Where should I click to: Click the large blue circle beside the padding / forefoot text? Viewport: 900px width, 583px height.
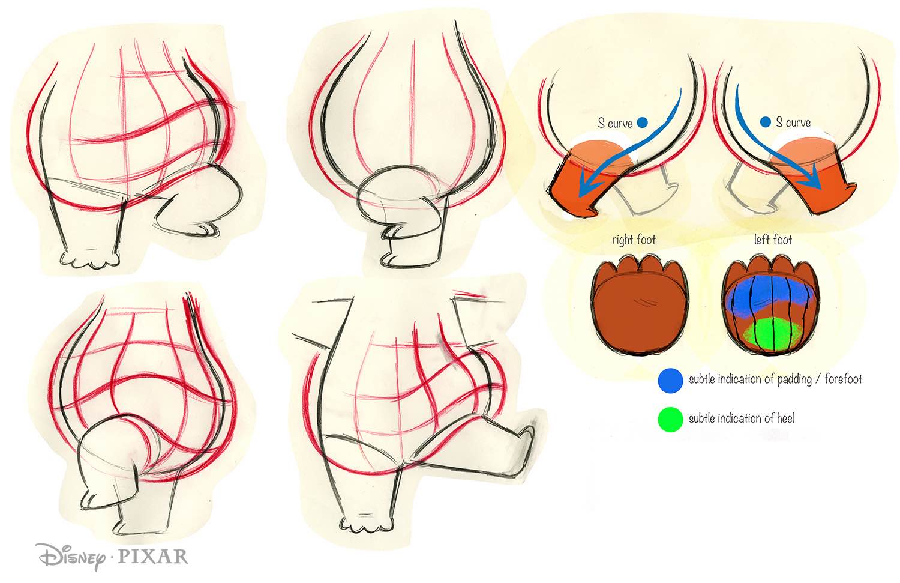[x=670, y=380]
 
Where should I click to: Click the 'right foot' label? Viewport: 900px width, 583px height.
[x=634, y=240]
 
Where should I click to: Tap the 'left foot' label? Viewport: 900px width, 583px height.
[x=773, y=240]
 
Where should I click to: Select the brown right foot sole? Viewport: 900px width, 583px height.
[x=639, y=312]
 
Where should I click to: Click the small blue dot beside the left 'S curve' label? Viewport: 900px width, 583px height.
[x=642, y=122]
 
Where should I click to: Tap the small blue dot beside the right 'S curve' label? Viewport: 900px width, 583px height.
[x=765, y=122]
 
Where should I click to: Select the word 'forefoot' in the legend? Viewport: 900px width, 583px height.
[x=842, y=379]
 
